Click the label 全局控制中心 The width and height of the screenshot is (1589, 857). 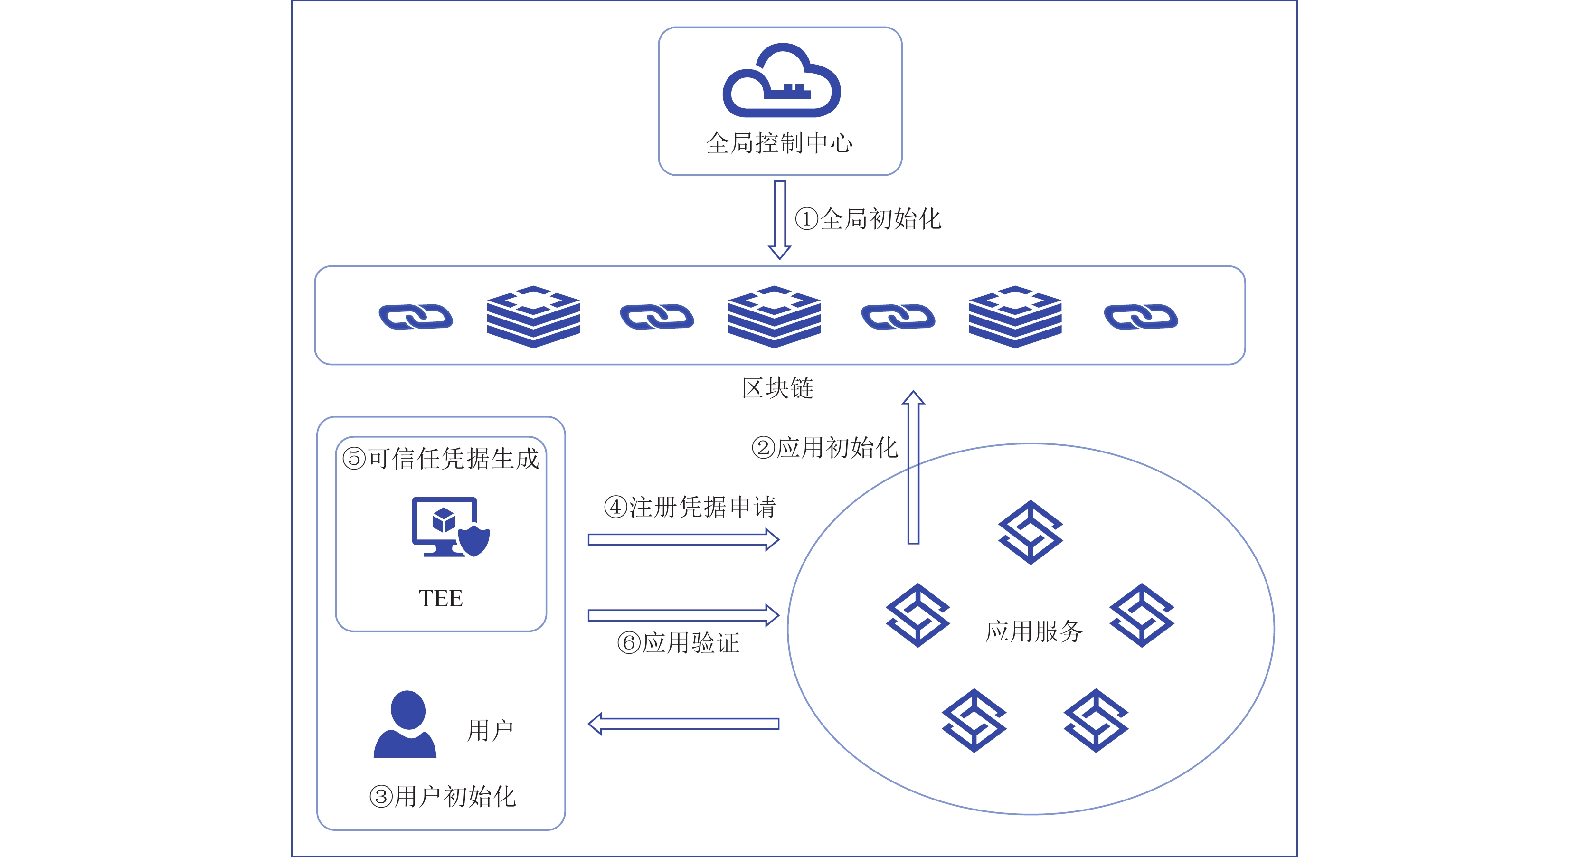click(x=780, y=143)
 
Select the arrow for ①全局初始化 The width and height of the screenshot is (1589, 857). click(x=780, y=219)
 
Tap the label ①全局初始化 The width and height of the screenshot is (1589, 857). click(x=868, y=219)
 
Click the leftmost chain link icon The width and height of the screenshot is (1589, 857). click(x=416, y=317)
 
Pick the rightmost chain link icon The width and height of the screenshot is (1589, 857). click(x=1141, y=317)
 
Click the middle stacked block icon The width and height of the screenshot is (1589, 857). click(x=774, y=316)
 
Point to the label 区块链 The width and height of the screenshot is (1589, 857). click(x=777, y=388)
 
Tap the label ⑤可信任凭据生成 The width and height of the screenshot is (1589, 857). click(x=440, y=459)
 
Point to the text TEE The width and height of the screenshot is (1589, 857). click(x=440, y=599)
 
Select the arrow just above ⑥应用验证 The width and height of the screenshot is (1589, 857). click(x=683, y=615)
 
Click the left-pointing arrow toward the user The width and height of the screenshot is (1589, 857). click(x=683, y=724)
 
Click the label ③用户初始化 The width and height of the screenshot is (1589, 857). click(x=442, y=797)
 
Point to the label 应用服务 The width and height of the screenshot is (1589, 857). click(x=1034, y=631)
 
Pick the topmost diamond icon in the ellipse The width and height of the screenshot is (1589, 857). click(x=1030, y=532)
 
